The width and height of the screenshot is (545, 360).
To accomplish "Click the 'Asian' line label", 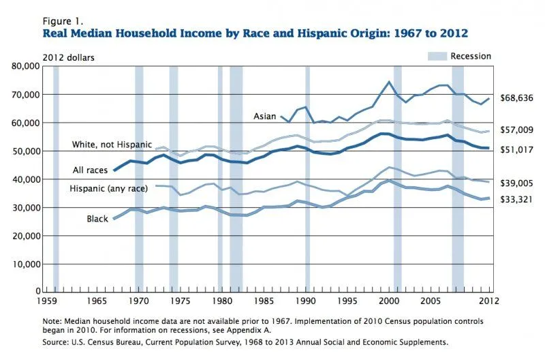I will (x=265, y=117).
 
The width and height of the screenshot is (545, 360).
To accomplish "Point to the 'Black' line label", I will (x=97, y=218).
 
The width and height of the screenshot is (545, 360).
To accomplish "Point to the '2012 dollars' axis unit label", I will (x=69, y=57).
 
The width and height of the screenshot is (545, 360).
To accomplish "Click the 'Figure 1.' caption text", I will (x=62, y=21).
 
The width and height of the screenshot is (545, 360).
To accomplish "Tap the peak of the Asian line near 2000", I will (x=389, y=82).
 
